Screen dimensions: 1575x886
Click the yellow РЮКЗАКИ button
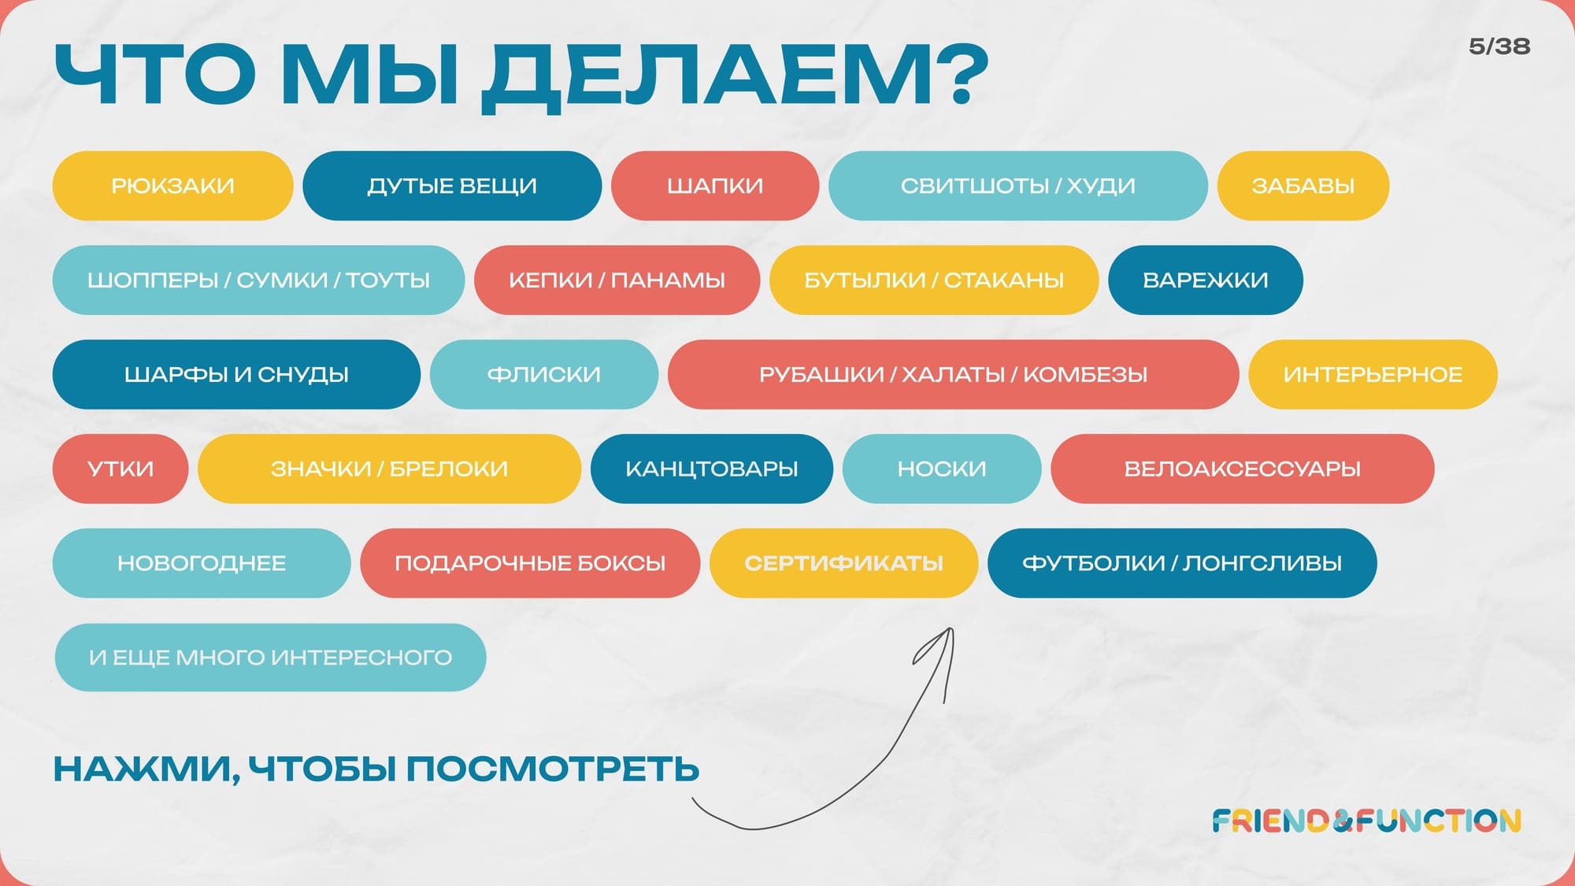pos(172,186)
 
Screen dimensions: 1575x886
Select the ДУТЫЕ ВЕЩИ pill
pos(452,186)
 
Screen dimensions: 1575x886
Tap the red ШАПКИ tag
pos(715,186)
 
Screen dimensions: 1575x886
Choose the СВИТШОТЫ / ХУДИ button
pos(1018,186)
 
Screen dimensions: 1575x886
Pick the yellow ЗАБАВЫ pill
pos(1303,186)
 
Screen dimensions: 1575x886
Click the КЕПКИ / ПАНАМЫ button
pos(617,280)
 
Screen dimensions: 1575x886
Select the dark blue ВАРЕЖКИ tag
pos(1206,280)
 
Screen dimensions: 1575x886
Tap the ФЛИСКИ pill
pos(544,375)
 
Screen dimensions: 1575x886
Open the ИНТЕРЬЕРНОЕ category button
pos(1373,375)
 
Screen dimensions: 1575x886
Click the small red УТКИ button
pos(120,469)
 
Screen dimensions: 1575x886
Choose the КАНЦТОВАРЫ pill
pos(712,469)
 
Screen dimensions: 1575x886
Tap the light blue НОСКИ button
pos(942,469)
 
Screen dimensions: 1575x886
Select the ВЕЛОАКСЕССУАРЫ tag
pos(1243,469)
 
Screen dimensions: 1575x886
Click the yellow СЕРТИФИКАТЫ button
pos(843,564)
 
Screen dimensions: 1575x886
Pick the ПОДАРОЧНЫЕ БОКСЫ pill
pos(530,564)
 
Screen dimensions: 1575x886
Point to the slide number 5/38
pos(1499,46)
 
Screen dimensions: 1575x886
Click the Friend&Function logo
pos(1366,821)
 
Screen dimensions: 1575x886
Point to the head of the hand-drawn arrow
pos(951,629)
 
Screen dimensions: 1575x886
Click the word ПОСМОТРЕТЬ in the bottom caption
pos(553,769)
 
